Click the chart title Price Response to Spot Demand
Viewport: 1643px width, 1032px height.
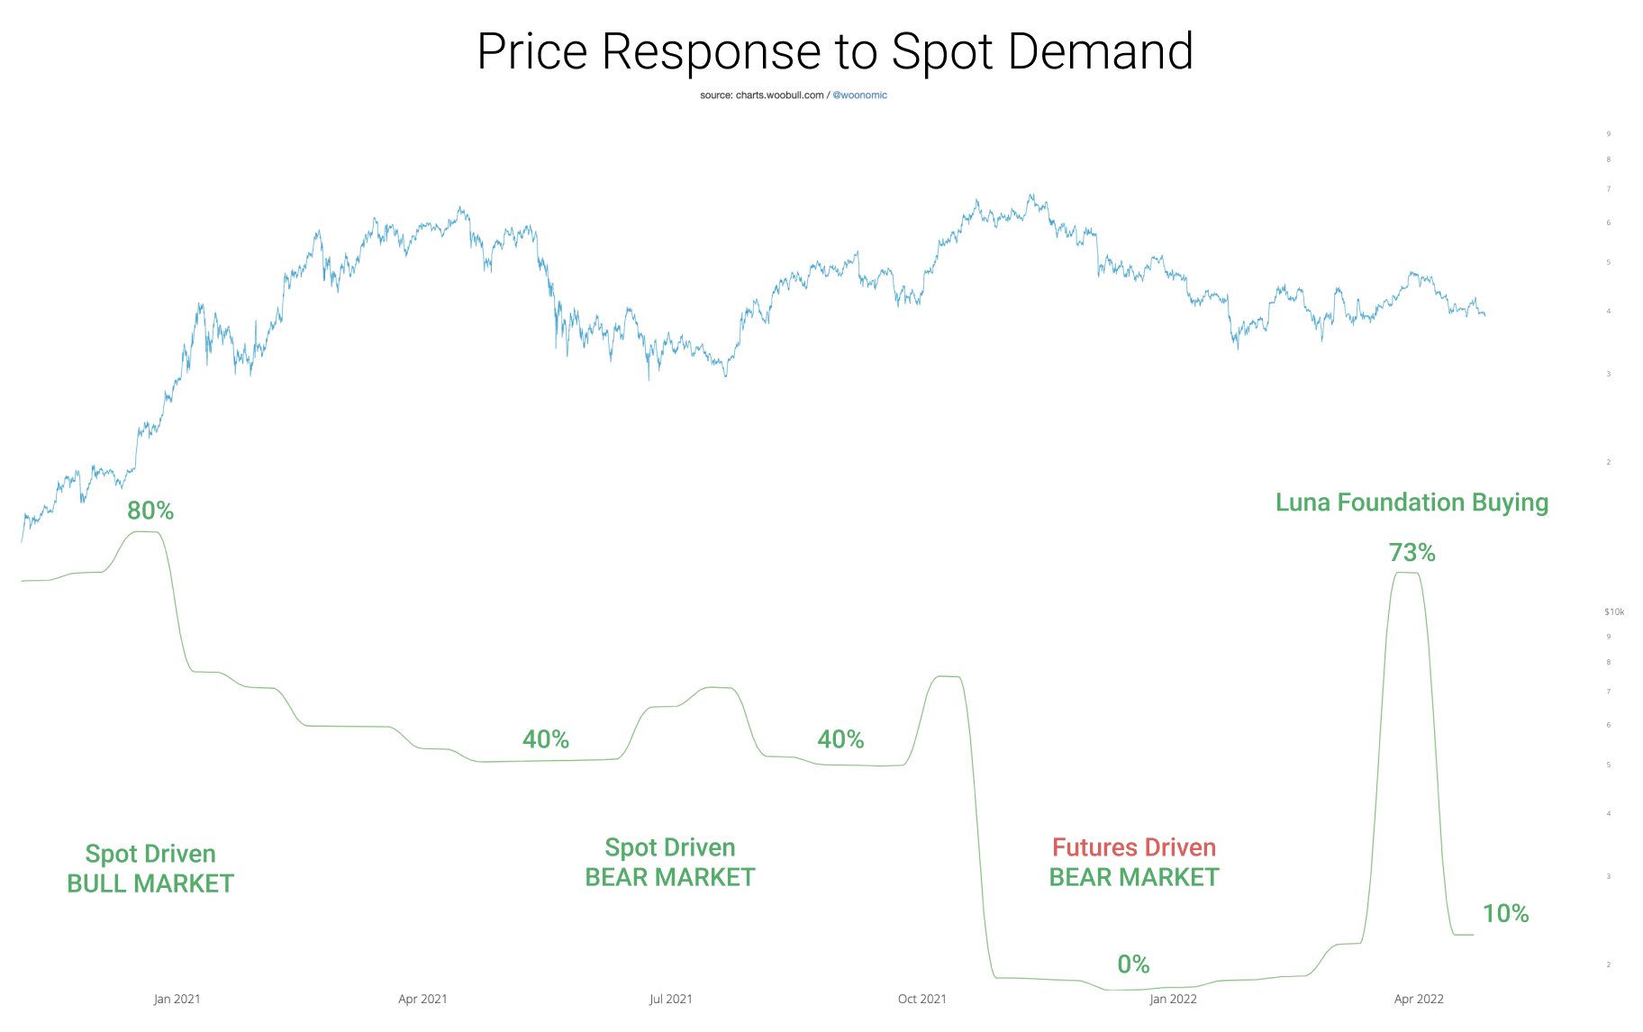(834, 51)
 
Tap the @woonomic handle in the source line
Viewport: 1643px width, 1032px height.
(859, 95)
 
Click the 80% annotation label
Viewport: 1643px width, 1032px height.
(150, 511)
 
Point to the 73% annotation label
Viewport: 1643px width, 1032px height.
(1412, 552)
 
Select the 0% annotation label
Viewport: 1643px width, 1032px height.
(1133, 964)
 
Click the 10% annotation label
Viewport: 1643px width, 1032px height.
(1505, 913)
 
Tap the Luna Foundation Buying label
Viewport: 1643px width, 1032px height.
(1412, 502)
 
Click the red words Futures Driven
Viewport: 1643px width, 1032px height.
(1134, 847)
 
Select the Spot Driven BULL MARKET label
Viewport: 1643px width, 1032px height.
(150, 868)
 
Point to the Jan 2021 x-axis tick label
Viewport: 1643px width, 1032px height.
(177, 999)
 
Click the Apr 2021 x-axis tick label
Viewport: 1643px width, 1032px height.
(422, 999)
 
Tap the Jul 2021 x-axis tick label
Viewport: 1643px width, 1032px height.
(671, 999)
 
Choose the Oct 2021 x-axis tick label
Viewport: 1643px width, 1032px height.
(921, 999)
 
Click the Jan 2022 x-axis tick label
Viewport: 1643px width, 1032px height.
(1173, 999)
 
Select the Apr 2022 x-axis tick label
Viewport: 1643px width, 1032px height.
(1419, 999)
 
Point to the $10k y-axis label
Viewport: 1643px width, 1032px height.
(1614, 612)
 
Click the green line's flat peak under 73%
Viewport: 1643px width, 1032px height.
(1407, 573)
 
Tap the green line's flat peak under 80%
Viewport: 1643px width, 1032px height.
(146, 532)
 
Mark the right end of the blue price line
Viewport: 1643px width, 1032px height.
(1484, 314)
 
